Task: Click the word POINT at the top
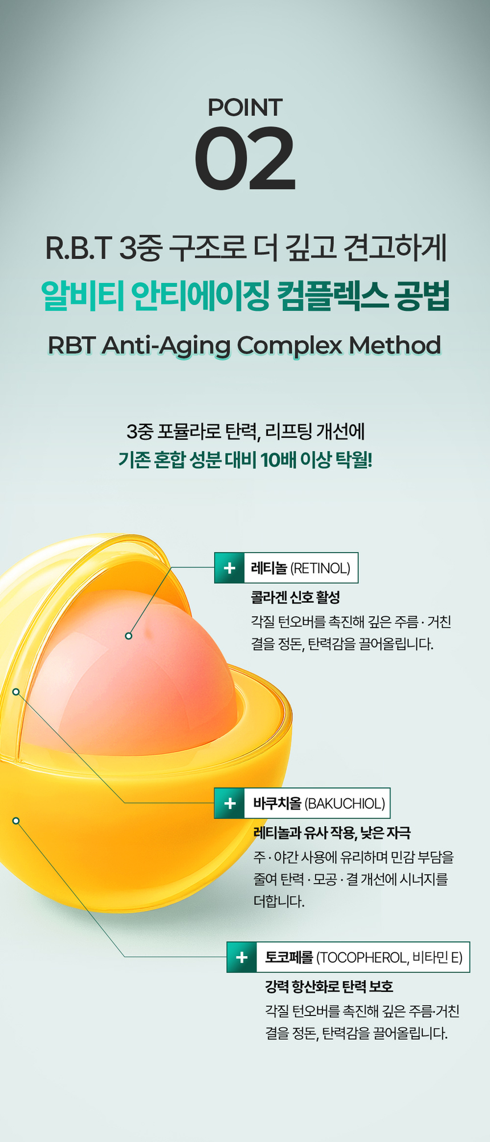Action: point(245,108)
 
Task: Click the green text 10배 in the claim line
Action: point(281,460)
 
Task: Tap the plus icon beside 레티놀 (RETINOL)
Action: point(230,568)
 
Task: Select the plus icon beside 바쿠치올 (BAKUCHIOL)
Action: point(230,803)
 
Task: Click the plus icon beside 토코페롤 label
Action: point(242,957)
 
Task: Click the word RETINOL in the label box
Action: point(320,568)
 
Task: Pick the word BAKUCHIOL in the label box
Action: point(345,804)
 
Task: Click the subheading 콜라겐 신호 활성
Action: point(295,598)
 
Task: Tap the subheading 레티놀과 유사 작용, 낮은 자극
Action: point(332,833)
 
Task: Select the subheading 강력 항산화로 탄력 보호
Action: point(329,986)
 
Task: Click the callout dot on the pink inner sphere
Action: point(129,636)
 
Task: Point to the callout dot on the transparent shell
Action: point(16,692)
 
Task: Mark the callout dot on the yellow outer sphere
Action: point(16,820)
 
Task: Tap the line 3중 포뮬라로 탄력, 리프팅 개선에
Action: point(245,432)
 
